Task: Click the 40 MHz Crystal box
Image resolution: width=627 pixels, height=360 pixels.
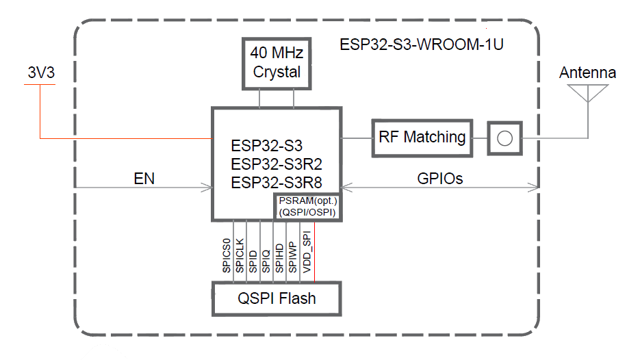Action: click(277, 64)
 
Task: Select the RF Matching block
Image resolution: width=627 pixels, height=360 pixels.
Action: click(422, 138)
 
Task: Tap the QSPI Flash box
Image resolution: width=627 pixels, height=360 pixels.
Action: click(277, 298)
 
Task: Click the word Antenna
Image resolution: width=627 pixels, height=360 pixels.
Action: click(587, 73)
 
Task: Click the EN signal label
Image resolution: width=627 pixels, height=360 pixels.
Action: click(144, 179)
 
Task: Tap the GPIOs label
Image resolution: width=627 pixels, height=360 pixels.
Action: click(439, 179)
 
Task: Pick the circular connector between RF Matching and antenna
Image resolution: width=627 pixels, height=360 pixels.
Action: click(504, 138)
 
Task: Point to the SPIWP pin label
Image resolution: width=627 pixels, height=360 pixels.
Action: click(292, 257)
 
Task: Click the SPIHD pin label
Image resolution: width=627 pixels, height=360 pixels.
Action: click(279, 257)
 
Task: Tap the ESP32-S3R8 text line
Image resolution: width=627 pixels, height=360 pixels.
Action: click(277, 183)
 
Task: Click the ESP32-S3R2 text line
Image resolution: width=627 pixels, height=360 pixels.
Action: click(277, 164)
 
